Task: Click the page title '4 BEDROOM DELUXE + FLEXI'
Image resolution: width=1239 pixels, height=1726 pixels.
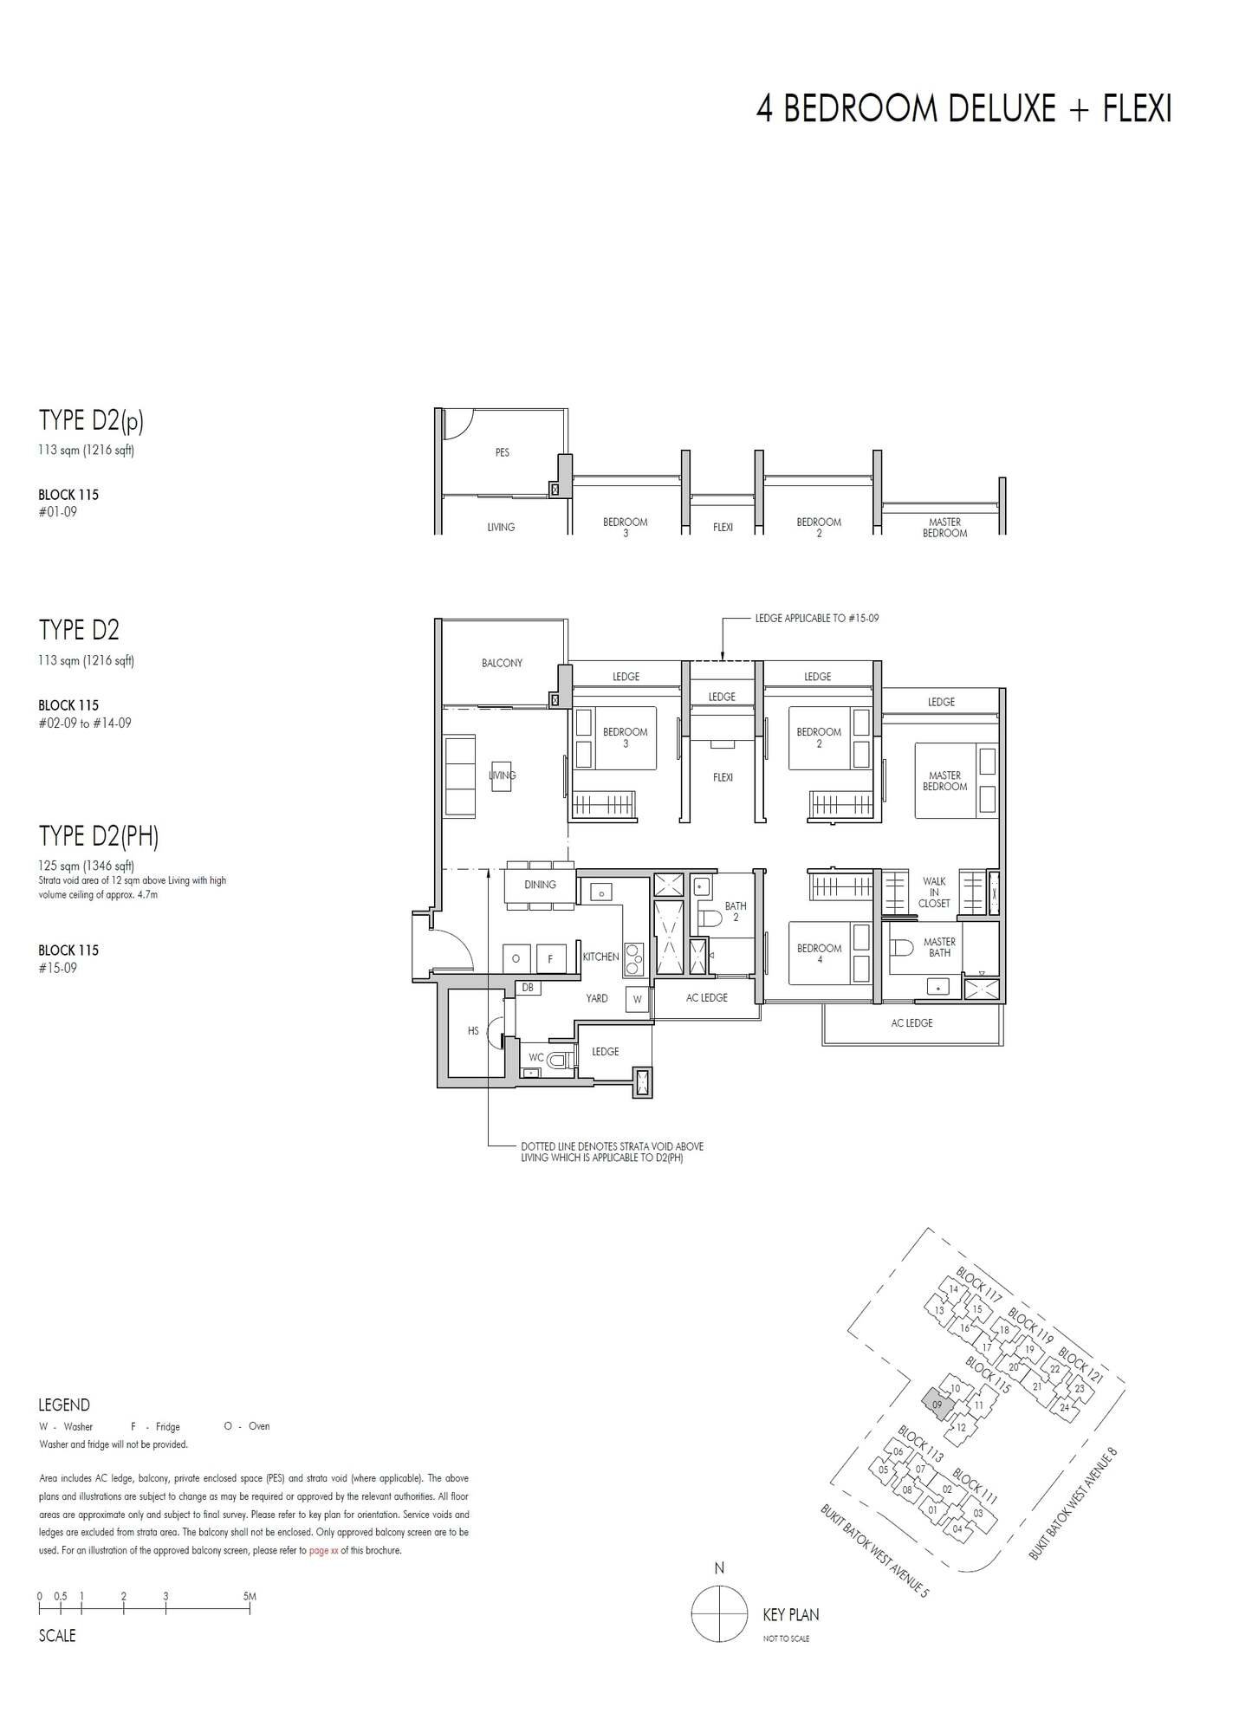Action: (x=963, y=110)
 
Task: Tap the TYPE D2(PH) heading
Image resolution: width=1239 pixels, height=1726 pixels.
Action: (x=99, y=836)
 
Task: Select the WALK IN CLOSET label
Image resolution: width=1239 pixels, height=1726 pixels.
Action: (x=933, y=892)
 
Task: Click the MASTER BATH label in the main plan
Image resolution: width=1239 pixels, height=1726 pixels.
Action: (x=939, y=947)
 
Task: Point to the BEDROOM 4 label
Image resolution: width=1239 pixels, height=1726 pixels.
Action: (x=819, y=953)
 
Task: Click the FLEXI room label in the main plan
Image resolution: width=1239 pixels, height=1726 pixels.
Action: (x=723, y=777)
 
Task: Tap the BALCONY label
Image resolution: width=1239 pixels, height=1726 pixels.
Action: (x=502, y=663)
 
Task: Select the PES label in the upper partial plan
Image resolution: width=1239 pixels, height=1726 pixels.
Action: (x=502, y=452)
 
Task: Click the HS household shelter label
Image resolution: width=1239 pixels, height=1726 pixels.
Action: (x=473, y=1031)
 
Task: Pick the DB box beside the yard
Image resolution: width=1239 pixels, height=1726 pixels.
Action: (x=527, y=987)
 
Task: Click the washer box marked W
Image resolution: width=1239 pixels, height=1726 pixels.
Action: (x=638, y=999)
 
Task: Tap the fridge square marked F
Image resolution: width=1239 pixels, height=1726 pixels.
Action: (x=550, y=959)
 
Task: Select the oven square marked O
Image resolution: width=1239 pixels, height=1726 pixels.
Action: (x=516, y=959)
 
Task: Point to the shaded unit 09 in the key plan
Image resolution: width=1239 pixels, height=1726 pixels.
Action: (x=936, y=1403)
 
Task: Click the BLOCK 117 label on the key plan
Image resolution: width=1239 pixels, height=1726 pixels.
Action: (x=978, y=1285)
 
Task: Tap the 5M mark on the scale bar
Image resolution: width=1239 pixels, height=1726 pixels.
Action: (x=250, y=1596)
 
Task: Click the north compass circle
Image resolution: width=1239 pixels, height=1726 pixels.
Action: (x=719, y=1613)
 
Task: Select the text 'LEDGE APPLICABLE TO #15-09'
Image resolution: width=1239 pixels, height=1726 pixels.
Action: (x=816, y=619)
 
